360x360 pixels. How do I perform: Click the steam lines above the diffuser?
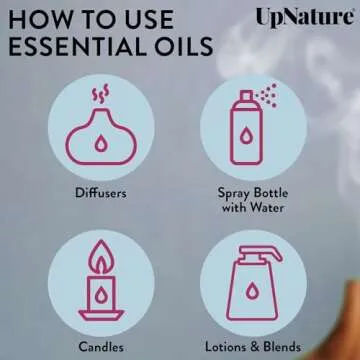(x=100, y=94)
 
